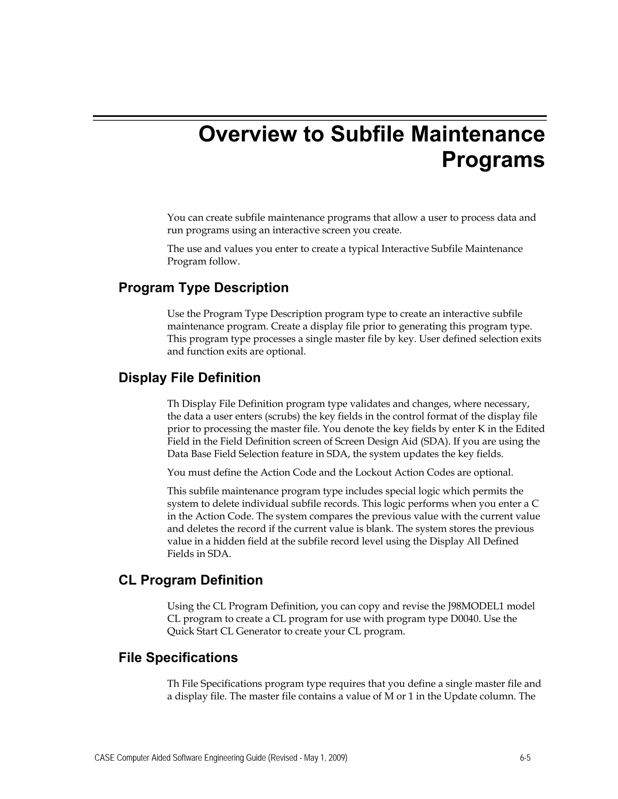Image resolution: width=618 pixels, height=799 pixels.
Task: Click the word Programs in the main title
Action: [493, 160]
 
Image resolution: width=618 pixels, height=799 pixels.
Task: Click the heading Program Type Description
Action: [204, 288]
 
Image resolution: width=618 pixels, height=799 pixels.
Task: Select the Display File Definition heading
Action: [189, 377]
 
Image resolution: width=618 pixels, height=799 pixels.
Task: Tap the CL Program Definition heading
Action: [190, 580]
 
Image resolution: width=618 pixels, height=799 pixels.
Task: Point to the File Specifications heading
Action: [178, 657]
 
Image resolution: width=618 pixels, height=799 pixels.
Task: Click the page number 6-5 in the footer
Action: [525, 758]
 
